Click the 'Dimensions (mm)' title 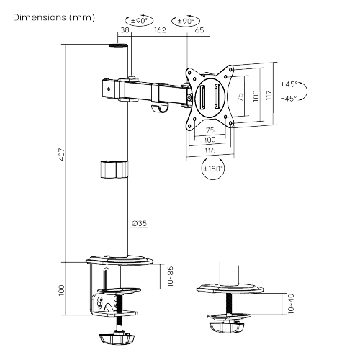54,17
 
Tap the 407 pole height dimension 62,154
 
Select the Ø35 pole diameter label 140,223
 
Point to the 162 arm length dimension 160,30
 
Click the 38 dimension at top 125,30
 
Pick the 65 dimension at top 199,30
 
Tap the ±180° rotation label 213,168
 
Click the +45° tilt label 289,84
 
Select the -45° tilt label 289,98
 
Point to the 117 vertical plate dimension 269,95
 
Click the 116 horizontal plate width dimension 210,150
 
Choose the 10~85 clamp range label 170,276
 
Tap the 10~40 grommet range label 291,304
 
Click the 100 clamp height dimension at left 61,290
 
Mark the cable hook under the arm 160,108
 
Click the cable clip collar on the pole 114,170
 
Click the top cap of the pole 118,45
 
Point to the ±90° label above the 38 140,21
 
